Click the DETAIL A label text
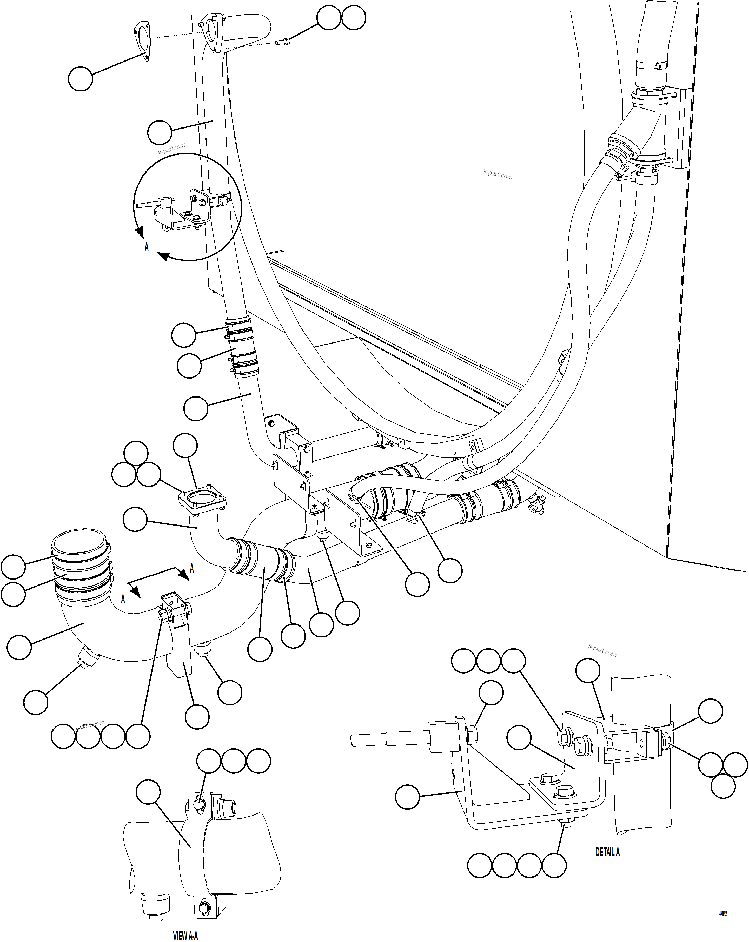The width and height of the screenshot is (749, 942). coord(607,852)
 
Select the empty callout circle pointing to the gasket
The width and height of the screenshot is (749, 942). coord(81,79)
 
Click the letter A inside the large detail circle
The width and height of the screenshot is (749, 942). coord(147,247)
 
